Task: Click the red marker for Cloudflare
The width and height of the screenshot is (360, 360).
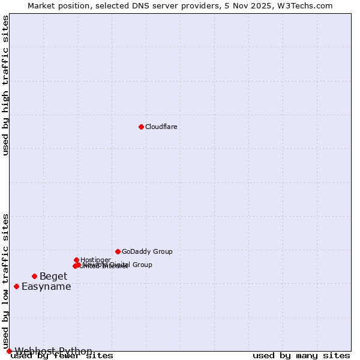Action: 141,127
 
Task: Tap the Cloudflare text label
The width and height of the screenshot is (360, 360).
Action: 161,127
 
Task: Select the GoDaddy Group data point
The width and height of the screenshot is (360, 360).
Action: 118,251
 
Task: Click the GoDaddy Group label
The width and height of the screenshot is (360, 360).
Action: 147,251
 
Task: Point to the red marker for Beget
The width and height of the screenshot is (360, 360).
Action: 34,276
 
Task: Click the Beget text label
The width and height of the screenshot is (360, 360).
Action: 53,277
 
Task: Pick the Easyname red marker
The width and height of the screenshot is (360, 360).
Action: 16,286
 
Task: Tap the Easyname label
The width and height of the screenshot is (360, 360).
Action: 46,287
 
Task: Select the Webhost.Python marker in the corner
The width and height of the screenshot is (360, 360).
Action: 9,351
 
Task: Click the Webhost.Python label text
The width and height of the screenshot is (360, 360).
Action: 53,351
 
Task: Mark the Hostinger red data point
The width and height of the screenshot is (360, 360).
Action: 76,260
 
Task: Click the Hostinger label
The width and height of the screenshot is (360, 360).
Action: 95,260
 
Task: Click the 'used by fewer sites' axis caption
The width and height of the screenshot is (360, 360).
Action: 62,356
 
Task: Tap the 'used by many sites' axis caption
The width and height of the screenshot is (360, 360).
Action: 301,356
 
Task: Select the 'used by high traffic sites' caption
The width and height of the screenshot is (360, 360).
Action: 6,86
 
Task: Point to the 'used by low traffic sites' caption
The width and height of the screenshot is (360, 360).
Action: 6,281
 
